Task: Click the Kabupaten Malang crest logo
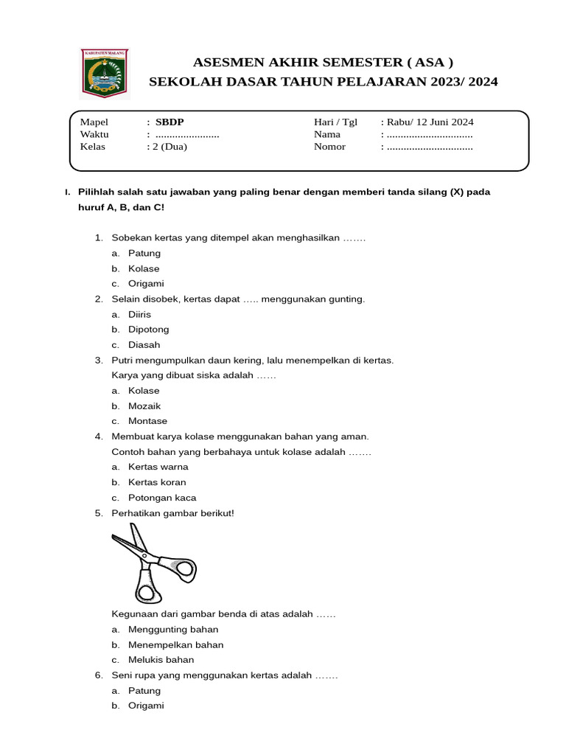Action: (x=104, y=73)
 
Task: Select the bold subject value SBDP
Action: (x=165, y=122)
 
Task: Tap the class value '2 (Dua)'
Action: (x=169, y=146)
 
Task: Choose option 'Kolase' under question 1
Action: (x=144, y=268)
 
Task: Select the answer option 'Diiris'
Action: (x=139, y=314)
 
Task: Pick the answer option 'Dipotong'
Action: (x=148, y=330)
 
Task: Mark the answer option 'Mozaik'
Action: (x=144, y=406)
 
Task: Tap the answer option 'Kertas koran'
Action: (x=157, y=482)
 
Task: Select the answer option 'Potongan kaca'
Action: (x=162, y=498)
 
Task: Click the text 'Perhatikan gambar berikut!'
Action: (x=172, y=512)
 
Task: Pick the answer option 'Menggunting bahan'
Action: (x=173, y=630)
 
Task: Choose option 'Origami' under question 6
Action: (x=146, y=706)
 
